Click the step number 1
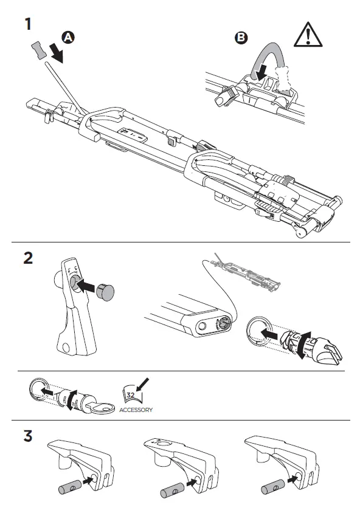(29, 24)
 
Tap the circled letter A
(68, 38)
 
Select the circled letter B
(241, 38)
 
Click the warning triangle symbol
(308, 35)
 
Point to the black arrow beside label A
(57, 53)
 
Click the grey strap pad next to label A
(39, 50)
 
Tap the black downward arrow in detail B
(261, 72)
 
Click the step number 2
(28, 258)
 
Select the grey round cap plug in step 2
(105, 292)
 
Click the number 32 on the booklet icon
(131, 395)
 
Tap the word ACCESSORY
(136, 410)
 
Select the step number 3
(28, 436)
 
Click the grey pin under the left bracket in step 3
(70, 487)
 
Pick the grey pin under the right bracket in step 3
(273, 487)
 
